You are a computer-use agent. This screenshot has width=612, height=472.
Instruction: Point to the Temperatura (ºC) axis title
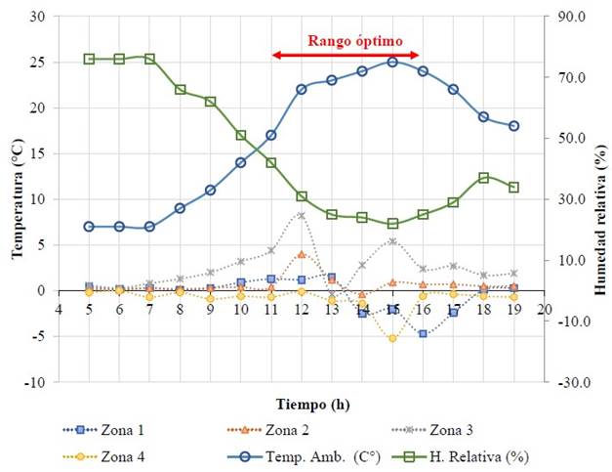click(x=17, y=199)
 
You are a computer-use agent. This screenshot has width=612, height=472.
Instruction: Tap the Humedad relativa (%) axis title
click(x=597, y=199)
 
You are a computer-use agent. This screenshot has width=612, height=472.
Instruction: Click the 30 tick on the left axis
click(x=38, y=17)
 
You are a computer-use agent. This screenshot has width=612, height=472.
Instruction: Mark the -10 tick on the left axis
click(x=35, y=382)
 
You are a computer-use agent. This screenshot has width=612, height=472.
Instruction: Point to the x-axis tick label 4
click(x=59, y=309)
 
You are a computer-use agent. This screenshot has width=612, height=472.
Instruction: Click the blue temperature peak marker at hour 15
click(x=392, y=62)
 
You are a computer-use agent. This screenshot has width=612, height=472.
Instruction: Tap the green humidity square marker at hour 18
click(x=483, y=178)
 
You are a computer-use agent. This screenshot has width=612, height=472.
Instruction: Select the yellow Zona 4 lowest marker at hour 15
click(x=392, y=338)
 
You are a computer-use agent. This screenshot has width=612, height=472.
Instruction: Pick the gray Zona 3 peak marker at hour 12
click(x=302, y=215)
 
